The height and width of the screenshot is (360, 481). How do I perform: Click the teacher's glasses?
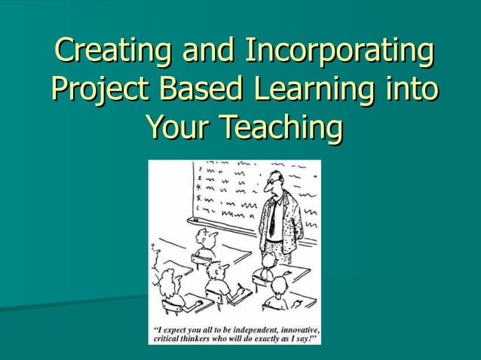(x=272, y=182)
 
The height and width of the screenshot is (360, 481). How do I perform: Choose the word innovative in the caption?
(x=299, y=330)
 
